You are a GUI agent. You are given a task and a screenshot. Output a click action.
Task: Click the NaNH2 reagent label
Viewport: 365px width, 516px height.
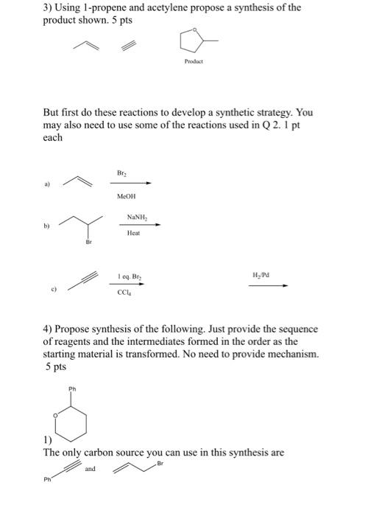pos(136,217)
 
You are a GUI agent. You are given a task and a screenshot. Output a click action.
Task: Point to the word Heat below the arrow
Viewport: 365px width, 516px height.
pos(133,233)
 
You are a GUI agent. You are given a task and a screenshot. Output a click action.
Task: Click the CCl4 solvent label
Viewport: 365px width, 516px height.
pos(124,292)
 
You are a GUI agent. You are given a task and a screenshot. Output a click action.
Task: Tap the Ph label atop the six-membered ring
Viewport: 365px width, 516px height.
pos(71,388)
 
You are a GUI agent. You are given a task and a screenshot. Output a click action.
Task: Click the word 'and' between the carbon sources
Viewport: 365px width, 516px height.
pos(91,468)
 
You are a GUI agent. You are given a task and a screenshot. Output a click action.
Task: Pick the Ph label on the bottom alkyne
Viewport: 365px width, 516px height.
pos(47,483)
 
